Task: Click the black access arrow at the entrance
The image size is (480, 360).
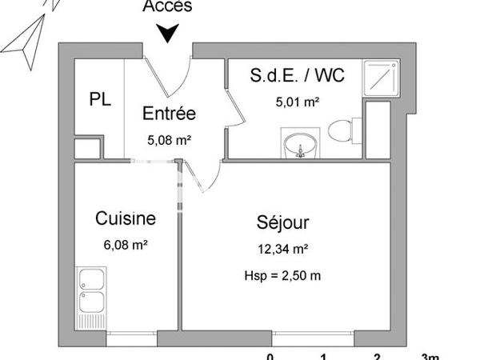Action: (168, 33)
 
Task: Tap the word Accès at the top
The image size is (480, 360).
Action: (167, 7)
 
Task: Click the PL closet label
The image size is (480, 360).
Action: (100, 100)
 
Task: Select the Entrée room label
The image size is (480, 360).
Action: (169, 114)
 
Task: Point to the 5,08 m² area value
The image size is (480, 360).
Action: (169, 139)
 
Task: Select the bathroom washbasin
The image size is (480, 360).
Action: (301, 145)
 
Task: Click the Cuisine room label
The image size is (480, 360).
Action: (125, 218)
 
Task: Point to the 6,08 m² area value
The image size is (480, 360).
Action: (125, 245)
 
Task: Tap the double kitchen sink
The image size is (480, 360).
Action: (92, 292)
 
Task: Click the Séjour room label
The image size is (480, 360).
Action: (283, 222)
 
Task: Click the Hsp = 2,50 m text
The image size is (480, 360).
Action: (283, 277)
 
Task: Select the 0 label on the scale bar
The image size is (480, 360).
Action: (270, 355)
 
